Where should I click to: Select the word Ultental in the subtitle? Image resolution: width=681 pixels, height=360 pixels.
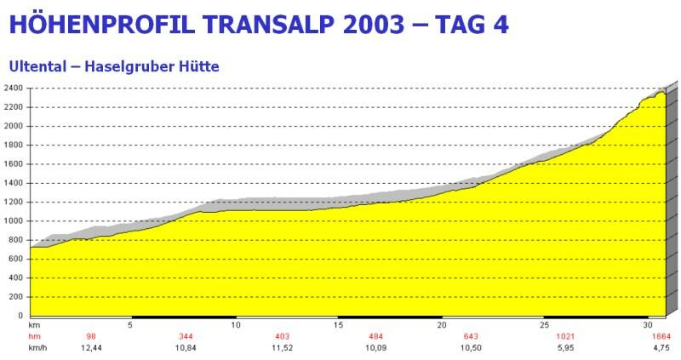[34, 66]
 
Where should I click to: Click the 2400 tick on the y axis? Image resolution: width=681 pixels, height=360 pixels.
[14, 89]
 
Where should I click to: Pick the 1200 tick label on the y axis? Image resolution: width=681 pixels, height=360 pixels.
[14, 202]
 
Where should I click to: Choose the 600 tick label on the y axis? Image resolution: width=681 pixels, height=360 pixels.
[16, 259]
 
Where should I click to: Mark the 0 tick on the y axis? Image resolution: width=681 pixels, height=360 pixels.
[22, 316]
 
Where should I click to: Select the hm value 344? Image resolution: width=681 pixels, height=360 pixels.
[186, 337]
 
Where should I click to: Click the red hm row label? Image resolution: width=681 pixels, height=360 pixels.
[34, 337]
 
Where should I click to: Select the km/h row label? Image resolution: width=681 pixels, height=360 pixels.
[37, 348]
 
